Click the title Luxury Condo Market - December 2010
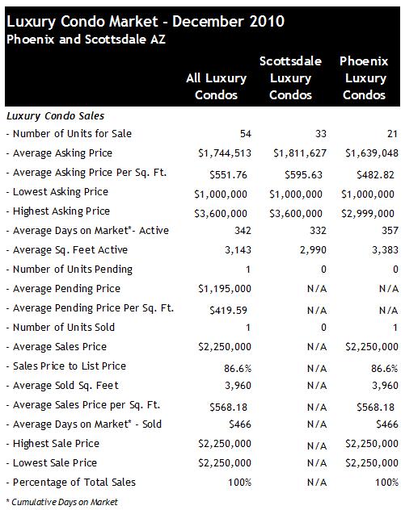146,22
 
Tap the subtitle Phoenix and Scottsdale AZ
86,40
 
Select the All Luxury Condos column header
217,86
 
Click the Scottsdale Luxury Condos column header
291,78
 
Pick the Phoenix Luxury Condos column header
364,78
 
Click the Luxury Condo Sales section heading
56,116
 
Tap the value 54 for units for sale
246,134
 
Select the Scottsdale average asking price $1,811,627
300,153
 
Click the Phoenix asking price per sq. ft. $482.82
375,175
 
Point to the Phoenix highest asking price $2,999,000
368,214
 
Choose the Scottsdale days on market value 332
318,231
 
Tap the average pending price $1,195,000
225,289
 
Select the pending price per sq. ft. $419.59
228,311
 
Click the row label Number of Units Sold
64,327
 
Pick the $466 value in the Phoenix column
386,424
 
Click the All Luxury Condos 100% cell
239,483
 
